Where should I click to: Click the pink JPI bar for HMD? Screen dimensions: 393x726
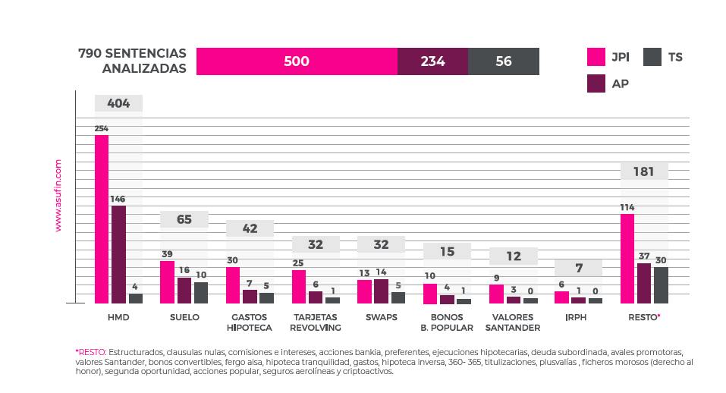pyautogui.click(x=102, y=219)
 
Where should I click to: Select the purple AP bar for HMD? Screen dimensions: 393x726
pyautogui.click(x=119, y=254)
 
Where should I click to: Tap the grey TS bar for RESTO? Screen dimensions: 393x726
pyautogui.click(x=661, y=285)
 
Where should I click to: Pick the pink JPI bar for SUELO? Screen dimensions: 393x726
pyautogui.click(x=167, y=282)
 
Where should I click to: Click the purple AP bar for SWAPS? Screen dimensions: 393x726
pyautogui.click(x=381, y=291)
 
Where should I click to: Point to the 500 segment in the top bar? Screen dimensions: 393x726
pyautogui.click(x=297, y=61)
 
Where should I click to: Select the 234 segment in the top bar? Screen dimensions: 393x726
pyautogui.click(x=432, y=61)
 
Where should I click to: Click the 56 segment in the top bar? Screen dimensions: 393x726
pyautogui.click(x=504, y=61)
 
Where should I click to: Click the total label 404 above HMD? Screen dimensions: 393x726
pyautogui.click(x=118, y=104)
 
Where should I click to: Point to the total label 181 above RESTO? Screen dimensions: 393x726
pyautogui.click(x=643, y=171)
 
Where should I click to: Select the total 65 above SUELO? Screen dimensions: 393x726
pyautogui.click(x=184, y=220)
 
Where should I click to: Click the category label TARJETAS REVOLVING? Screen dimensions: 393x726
pyautogui.click(x=316, y=322)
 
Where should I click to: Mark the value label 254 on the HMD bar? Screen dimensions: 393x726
pyautogui.click(x=101, y=128)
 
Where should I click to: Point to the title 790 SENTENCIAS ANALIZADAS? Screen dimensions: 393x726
pyautogui.click(x=133, y=61)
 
